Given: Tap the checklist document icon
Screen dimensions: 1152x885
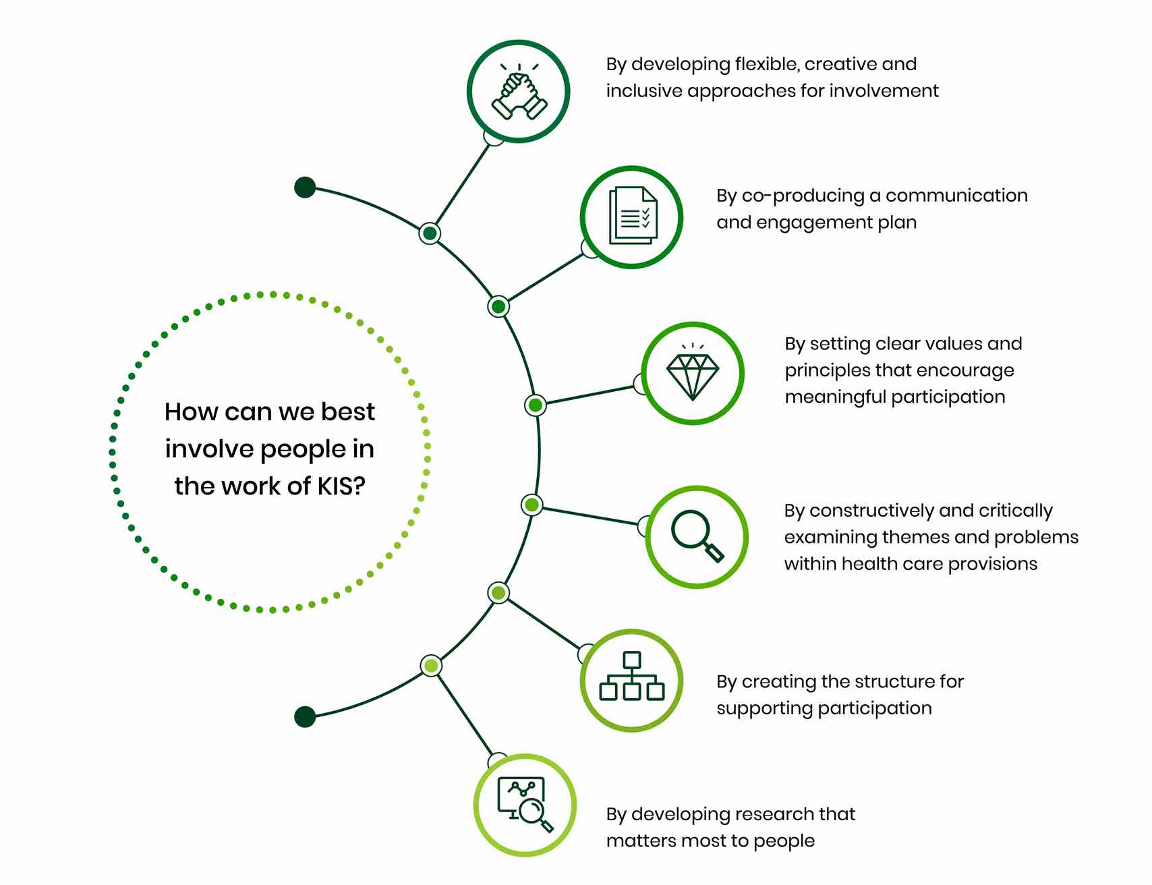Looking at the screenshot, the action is click(633, 216).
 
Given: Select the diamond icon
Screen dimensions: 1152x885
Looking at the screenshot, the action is click(693, 372).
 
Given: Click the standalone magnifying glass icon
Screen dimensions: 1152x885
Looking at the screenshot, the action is click(697, 536).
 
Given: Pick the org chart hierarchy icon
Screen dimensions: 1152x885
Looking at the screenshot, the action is click(632, 676).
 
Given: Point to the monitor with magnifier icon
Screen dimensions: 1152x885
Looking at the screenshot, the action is click(525, 804).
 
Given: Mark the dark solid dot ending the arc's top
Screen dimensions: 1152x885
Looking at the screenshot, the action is click(305, 188).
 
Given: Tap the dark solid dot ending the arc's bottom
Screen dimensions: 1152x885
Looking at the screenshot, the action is click(305, 716).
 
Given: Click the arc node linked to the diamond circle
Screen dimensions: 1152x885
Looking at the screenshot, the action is click(535, 405).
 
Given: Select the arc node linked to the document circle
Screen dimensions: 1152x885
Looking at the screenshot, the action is click(498, 307).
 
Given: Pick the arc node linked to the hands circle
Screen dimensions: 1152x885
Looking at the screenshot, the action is click(430, 233).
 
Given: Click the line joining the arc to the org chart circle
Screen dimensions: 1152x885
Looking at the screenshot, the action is click(544, 624).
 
